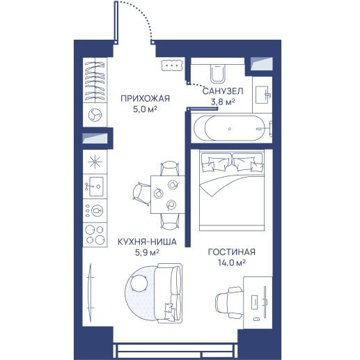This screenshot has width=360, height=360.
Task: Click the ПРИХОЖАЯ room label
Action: click(145, 98)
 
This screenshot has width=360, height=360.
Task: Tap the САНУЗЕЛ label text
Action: click(223, 91)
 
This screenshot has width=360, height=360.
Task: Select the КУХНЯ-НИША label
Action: click(147, 242)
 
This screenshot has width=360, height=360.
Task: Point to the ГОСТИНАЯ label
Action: click(232, 252)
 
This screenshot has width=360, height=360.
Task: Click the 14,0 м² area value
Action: click(232, 263)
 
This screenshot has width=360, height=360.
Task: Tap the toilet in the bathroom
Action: click(218, 73)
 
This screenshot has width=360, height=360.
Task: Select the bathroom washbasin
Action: click(263, 95)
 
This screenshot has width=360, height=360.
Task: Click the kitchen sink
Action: click(95, 186)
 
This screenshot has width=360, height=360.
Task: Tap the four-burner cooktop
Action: click(95, 235)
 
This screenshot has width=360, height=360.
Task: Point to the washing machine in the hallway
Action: click(95, 115)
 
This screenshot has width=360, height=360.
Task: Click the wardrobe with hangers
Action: click(95, 80)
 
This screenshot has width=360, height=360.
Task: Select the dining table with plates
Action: click(168, 194)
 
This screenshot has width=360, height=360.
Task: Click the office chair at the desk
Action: click(229, 302)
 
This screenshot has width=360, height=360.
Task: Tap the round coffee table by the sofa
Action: click(139, 283)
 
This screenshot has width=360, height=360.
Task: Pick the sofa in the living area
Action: click(169, 293)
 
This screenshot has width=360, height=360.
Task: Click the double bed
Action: click(232, 190)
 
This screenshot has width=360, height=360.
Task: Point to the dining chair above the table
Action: click(170, 169)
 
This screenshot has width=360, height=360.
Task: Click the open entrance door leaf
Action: click(116, 22)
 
